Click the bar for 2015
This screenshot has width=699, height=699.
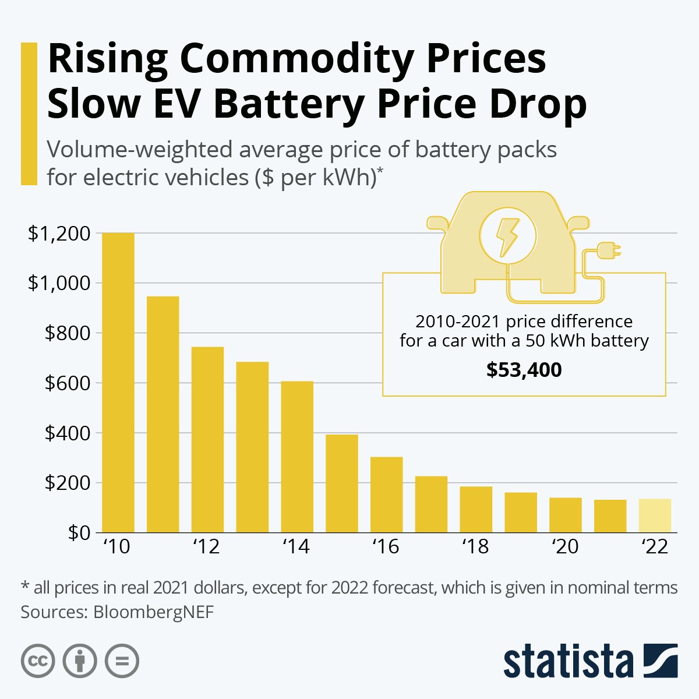click(x=342, y=483)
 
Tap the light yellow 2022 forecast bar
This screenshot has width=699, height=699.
click(x=655, y=516)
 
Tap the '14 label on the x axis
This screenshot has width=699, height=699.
click(x=296, y=547)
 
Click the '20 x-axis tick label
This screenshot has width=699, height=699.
click(x=565, y=547)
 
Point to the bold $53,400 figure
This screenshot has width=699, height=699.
click(x=524, y=370)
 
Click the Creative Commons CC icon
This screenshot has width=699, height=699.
click(x=38, y=661)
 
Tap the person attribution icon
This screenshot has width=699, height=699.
click(x=80, y=661)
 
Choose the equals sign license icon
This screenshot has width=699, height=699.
click(x=122, y=661)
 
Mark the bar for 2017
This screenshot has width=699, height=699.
click(x=431, y=504)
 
